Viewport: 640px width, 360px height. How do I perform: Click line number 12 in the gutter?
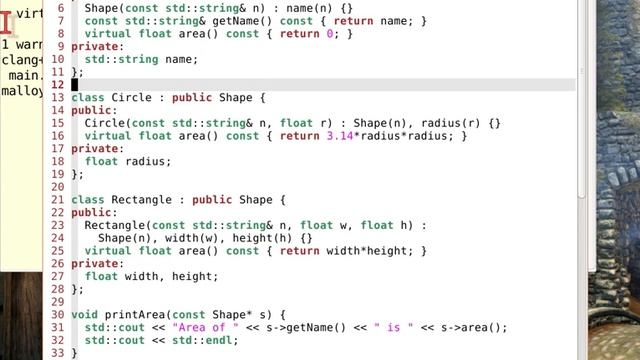point(57,85)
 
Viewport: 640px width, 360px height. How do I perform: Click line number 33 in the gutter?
point(57,353)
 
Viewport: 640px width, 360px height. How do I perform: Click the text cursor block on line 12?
point(75,85)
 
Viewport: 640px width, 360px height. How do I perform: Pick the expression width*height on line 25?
point(372,251)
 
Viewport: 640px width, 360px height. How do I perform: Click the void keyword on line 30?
point(85,314)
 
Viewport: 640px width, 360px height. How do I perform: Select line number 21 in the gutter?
point(57,200)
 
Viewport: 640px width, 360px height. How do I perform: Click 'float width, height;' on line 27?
point(151,276)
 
